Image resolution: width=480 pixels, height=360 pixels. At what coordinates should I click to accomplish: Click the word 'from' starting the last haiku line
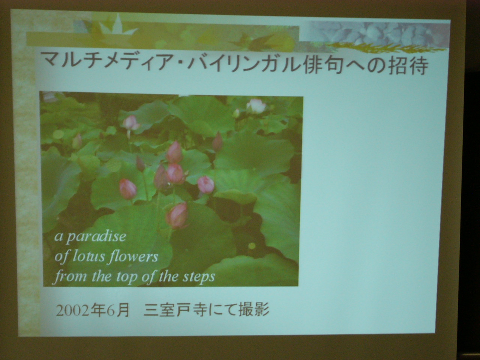pyautogui.click(x=70, y=276)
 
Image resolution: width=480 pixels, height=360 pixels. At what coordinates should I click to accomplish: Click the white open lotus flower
pyautogui.click(x=256, y=106)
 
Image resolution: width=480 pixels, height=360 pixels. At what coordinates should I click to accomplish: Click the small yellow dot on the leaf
pyautogui.click(x=252, y=246)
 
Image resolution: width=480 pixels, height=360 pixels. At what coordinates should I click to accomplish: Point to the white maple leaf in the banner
pyautogui.click(x=117, y=25)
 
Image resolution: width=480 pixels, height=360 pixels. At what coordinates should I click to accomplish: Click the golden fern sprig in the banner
pyautogui.click(x=385, y=48)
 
